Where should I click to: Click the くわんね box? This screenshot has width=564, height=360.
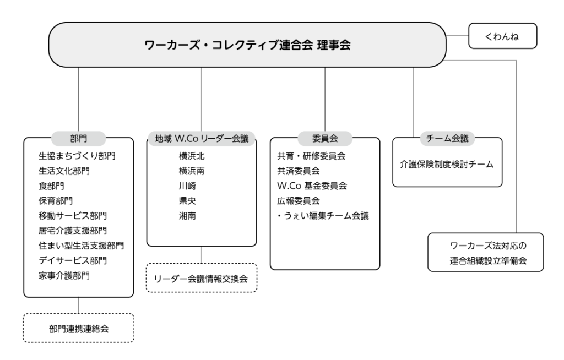pyautogui.click(x=502, y=36)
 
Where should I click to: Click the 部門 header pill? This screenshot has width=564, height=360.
pyautogui.click(x=78, y=139)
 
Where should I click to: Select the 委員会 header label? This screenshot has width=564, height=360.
pyautogui.click(x=325, y=139)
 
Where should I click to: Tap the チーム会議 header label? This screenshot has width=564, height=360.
pyautogui.click(x=447, y=139)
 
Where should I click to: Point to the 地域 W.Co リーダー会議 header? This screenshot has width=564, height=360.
pyautogui.click(x=202, y=139)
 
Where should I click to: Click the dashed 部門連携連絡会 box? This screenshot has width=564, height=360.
pyautogui.click(x=78, y=328)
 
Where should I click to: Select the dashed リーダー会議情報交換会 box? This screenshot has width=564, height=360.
pyautogui.click(x=202, y=278)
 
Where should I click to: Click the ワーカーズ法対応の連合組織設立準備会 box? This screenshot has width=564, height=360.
pyautogui.click(x=486, y=252)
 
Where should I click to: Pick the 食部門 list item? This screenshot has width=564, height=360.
pyautogui.click(x=51, y=186)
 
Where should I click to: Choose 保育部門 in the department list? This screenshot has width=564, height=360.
pyautogui.click(x=56, y=201)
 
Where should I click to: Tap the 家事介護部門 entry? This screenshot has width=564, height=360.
pyautogui.click(x=64, y=275)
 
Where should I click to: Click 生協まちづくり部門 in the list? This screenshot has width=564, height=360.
pyautogui.click(x=77, y=156)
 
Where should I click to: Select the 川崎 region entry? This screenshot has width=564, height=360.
pyautogui.click(x=187, y=186)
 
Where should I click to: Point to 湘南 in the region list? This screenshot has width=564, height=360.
pyautogui.click(x=187, y=216)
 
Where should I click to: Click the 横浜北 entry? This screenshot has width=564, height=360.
pyautogui.click(x=192, y=156)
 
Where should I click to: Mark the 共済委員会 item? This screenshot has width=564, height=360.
pyautogui.click(x=299, y=171)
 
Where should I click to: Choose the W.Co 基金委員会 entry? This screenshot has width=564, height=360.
pyautogui.click(x=312, y=186)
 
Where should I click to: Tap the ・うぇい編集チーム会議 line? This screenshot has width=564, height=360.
pyautogui.click(x=323, y=216)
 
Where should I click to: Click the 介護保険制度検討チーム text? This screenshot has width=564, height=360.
pyautogui.click(x=447, y=165)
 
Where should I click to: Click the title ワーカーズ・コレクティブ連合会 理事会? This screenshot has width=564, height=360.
pyautogui.click(x=247, y=45)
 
